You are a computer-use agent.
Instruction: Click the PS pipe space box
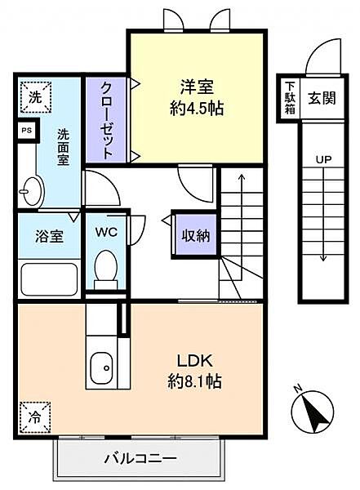pos(28,131)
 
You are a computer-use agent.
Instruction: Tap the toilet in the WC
pos(106,269)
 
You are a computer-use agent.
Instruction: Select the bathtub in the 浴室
pos(49,278)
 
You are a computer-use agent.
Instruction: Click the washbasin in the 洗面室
pos(33,192)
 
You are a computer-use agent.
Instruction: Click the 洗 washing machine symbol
pos(35,97)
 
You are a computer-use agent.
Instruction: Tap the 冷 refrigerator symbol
pos(35,417)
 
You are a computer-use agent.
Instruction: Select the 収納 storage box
pos(195,236)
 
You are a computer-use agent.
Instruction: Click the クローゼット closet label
pos(106,120)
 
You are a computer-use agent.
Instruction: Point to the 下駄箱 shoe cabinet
pos(290,97)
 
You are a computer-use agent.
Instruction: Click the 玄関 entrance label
pos(322,98)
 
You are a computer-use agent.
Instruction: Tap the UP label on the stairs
pos(323,160)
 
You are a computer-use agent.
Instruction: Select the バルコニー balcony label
pos(140,459)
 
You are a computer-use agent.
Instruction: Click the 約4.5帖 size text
pos(197,109)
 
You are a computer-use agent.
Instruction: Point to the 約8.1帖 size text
pos(194,381)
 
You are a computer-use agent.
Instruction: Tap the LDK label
pos(195,361)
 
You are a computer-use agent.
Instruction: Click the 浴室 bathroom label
pos(49,236)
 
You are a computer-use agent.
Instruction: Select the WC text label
pos(106,232)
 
